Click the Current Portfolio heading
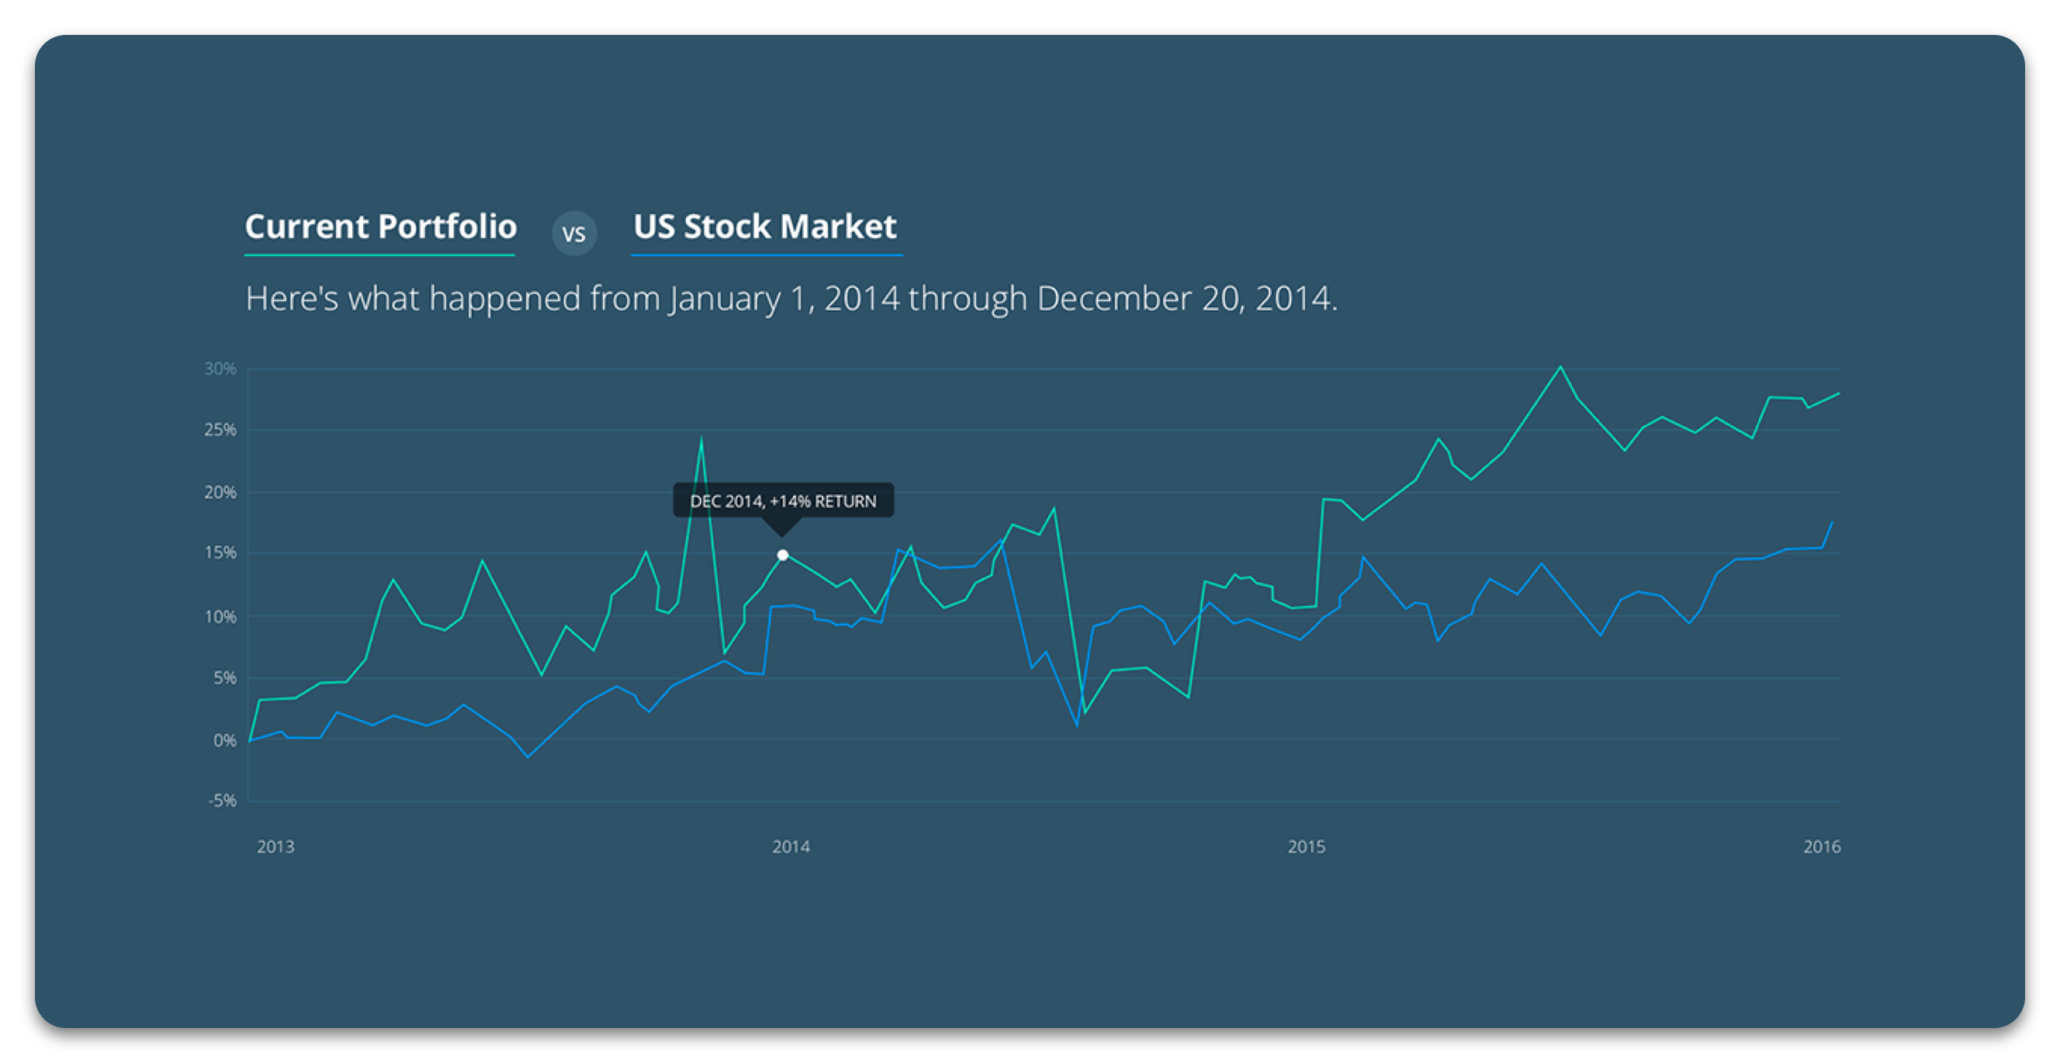381,227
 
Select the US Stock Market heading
764,227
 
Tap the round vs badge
574,234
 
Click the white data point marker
783,555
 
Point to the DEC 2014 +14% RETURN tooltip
783,500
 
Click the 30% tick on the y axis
220,369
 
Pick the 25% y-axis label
220,431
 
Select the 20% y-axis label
220,493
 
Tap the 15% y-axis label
220,553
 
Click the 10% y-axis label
220,617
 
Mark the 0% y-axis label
225,741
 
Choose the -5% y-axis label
223,801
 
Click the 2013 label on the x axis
275,847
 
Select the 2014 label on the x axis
791,847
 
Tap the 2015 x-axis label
1306,847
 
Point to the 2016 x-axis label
1822,847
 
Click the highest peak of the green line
1560,367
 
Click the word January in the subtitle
725,300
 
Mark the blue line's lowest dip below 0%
528,757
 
